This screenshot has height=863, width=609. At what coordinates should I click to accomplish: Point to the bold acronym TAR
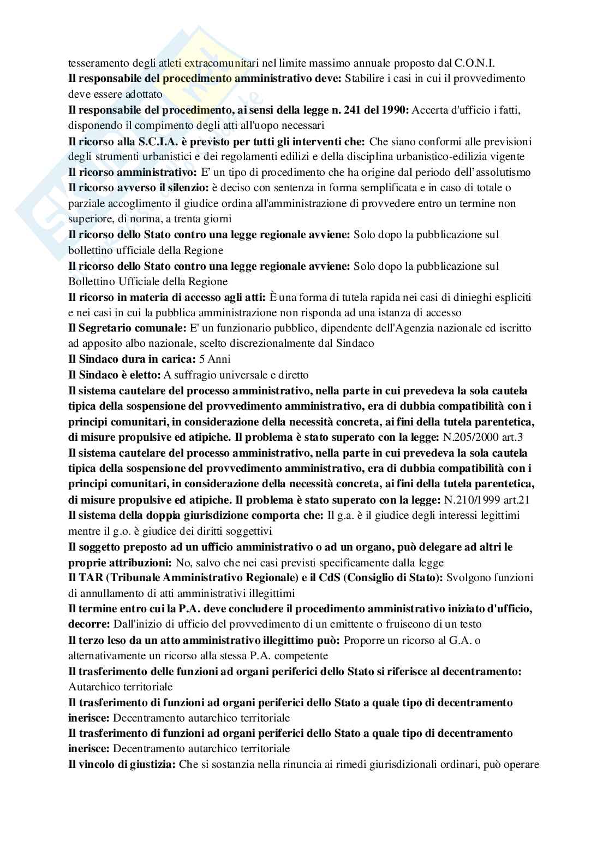87,577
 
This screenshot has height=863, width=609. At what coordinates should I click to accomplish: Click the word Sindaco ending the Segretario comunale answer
358,344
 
